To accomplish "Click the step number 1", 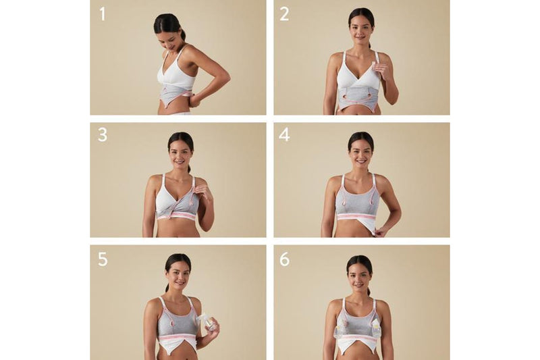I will [102, 13].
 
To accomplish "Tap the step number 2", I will [284, 13].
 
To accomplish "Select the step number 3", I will [102, 134].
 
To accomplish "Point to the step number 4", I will [284, 134].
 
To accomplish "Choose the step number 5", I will [102, 259].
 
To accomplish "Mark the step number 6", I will [284, 259].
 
